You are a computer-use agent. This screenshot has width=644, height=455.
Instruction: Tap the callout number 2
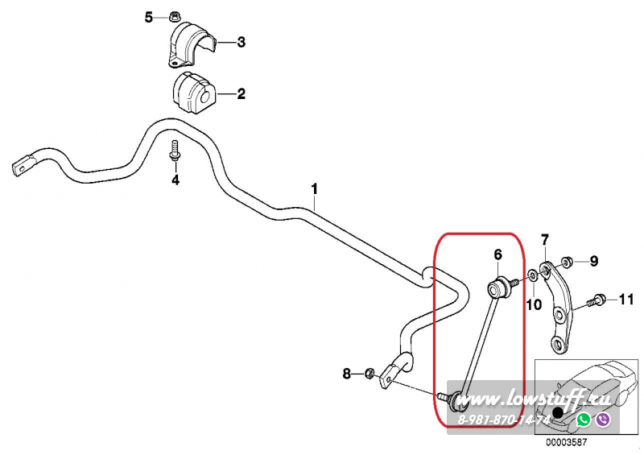tap(241, 94)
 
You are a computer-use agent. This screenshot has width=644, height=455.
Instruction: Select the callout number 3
tap(241, 43)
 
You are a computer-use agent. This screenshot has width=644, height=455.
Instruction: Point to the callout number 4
tap(175, 180)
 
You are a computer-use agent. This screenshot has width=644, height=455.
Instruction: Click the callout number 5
tap(148, 17)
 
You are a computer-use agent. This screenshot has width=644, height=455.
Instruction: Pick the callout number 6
tap(497, 254)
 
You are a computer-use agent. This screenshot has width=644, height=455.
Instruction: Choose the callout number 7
tap(545, 239)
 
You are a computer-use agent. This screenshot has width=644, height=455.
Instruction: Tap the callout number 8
tap(347, 373)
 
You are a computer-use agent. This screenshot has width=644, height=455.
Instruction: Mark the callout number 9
tap(594, 260)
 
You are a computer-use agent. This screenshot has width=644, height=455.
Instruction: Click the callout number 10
tap(533, 304)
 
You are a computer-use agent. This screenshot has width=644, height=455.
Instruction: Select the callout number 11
tap(626, 300)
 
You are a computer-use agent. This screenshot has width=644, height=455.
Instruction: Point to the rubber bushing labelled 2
tap(193, 93)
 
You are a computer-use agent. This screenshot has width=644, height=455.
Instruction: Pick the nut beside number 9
tap(568, 261)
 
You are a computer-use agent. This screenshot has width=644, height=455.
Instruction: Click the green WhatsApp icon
tap(584, 420)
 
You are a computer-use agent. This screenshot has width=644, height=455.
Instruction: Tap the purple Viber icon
tap(603, 420)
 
